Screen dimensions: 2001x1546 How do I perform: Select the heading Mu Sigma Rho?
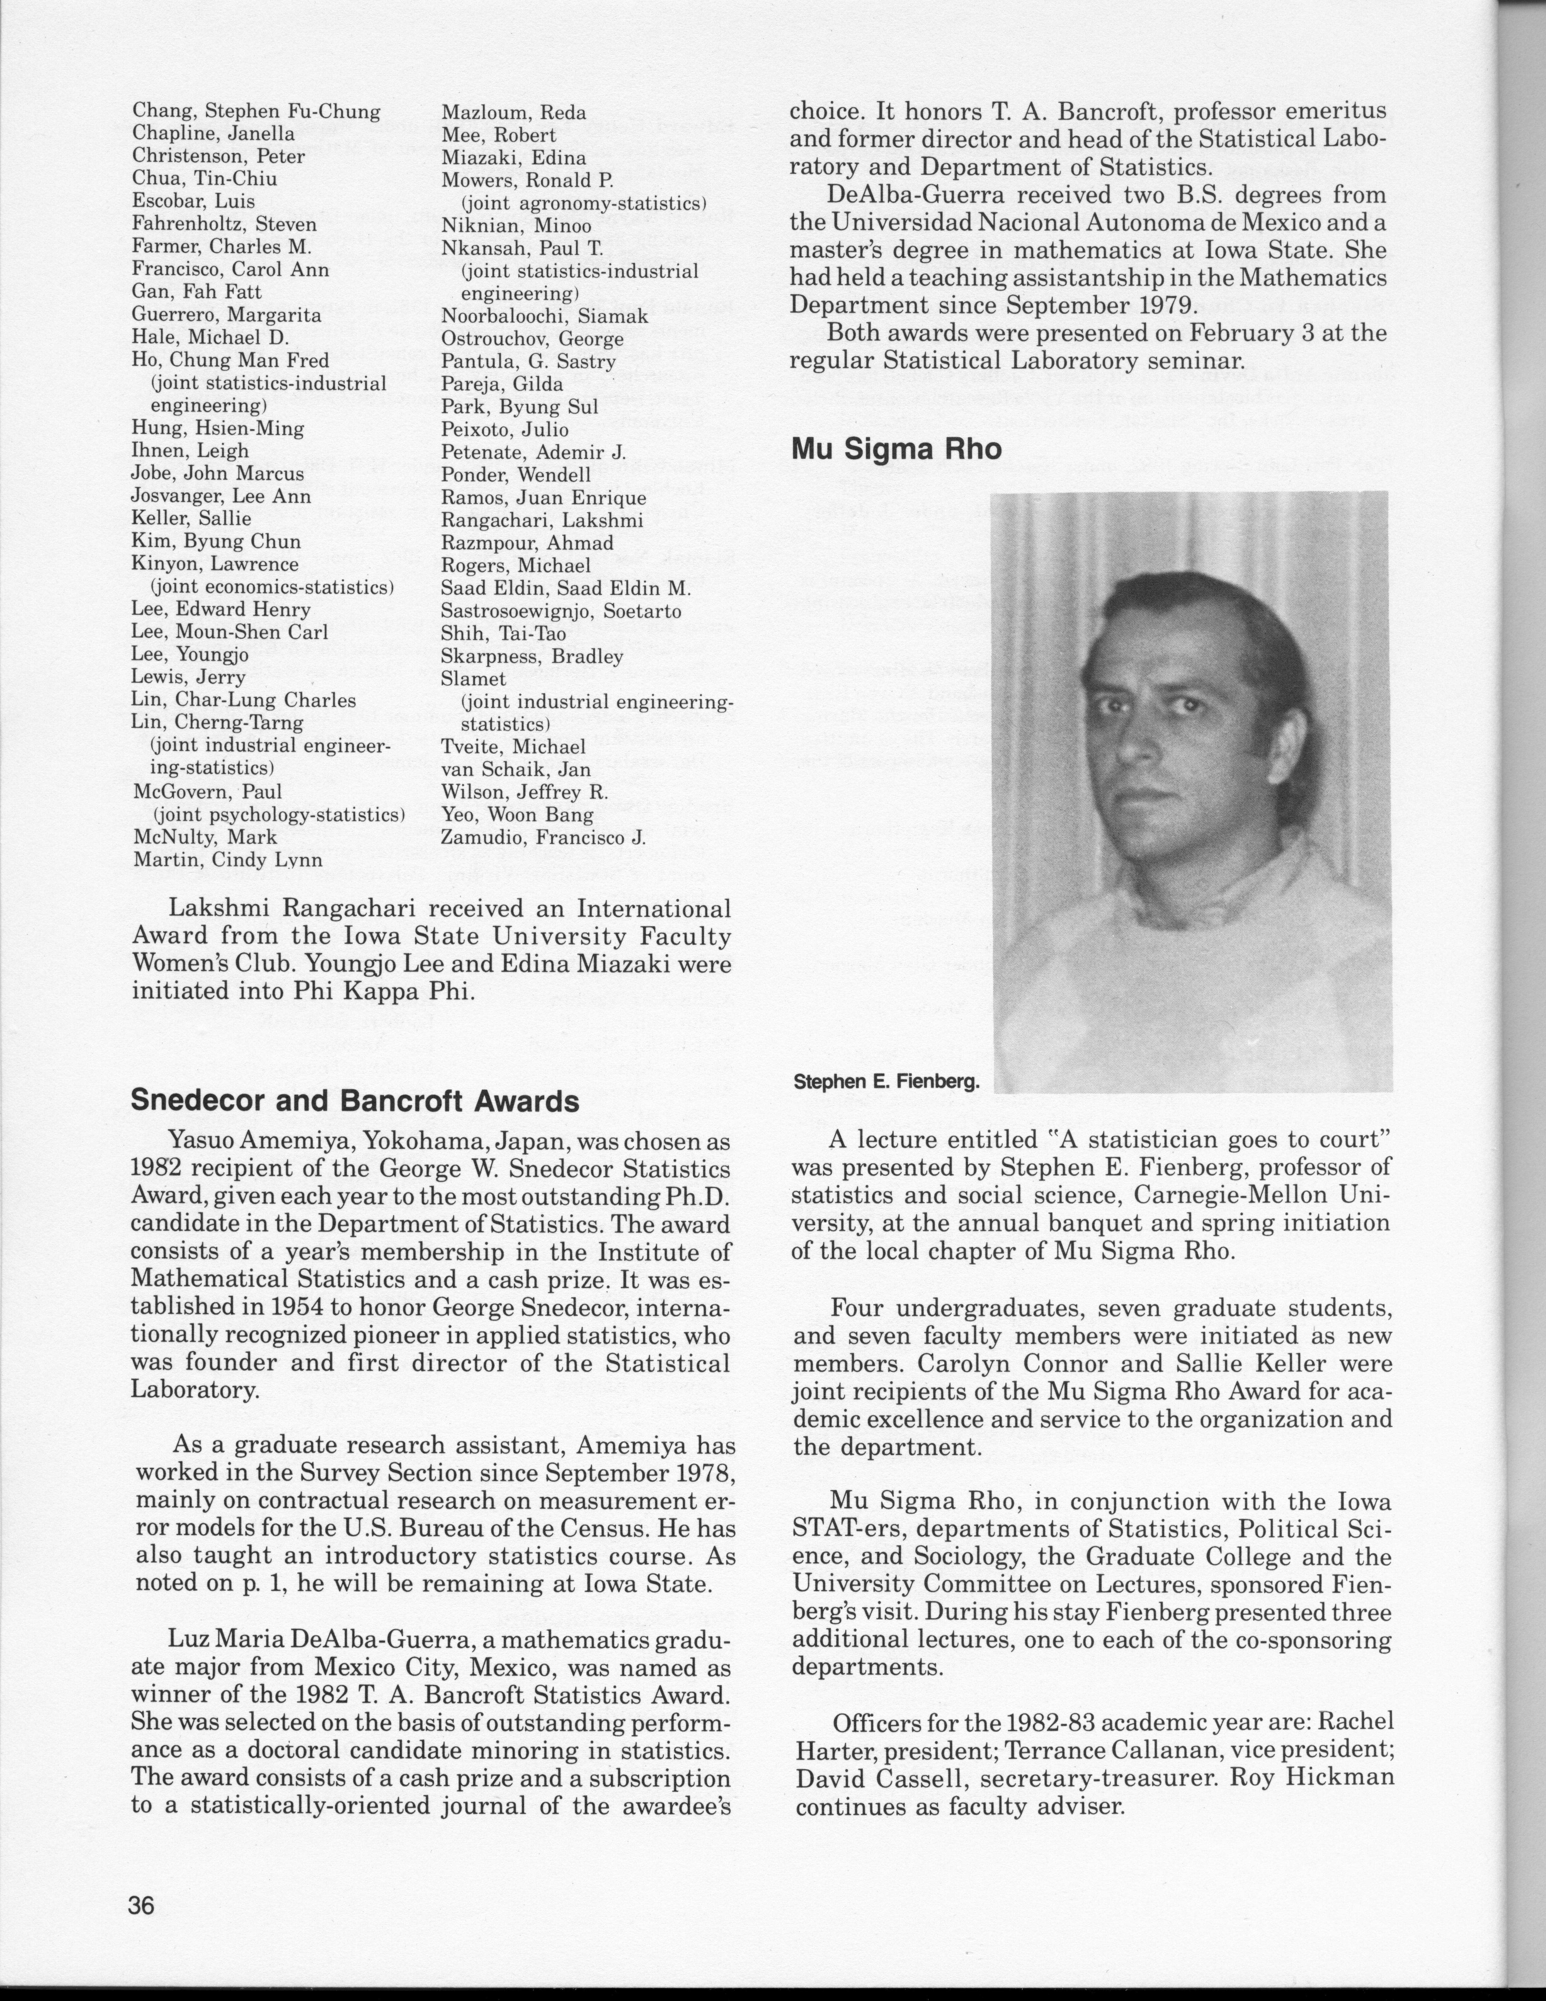[x=896, y=449]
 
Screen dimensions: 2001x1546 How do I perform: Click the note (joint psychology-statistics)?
[x=278, y=815]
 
